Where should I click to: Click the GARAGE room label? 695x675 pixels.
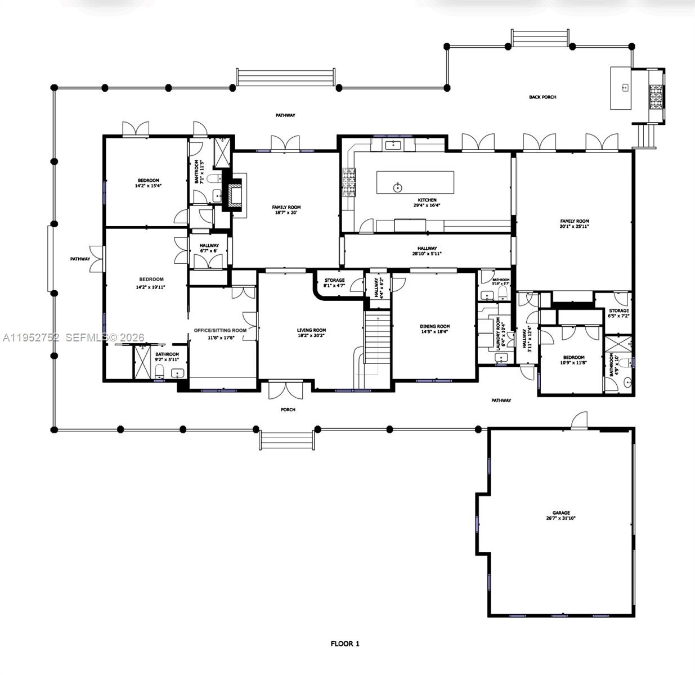(x=561, y=512)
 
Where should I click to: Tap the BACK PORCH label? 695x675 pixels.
(x=542, y=97)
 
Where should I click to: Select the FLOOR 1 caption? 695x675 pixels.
(x=344, y=644)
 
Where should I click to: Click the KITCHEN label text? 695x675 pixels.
(x=427, y=200)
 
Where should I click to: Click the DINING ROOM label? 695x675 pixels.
(x=435, y=326)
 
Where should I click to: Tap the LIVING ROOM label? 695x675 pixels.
(x=311, y=330)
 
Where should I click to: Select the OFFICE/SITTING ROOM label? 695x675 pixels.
(x=220, y=330)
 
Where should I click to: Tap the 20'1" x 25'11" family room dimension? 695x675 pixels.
(x=574, y=227)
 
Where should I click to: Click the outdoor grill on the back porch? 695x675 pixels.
(x=656, y=96)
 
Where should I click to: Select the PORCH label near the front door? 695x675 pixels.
(x=288, y=409)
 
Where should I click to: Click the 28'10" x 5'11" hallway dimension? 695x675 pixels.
(x=427, y=254)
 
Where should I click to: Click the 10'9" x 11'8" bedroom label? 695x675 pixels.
(x=573, y=363)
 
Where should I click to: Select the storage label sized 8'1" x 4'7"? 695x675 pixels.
(x=334, y=286)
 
